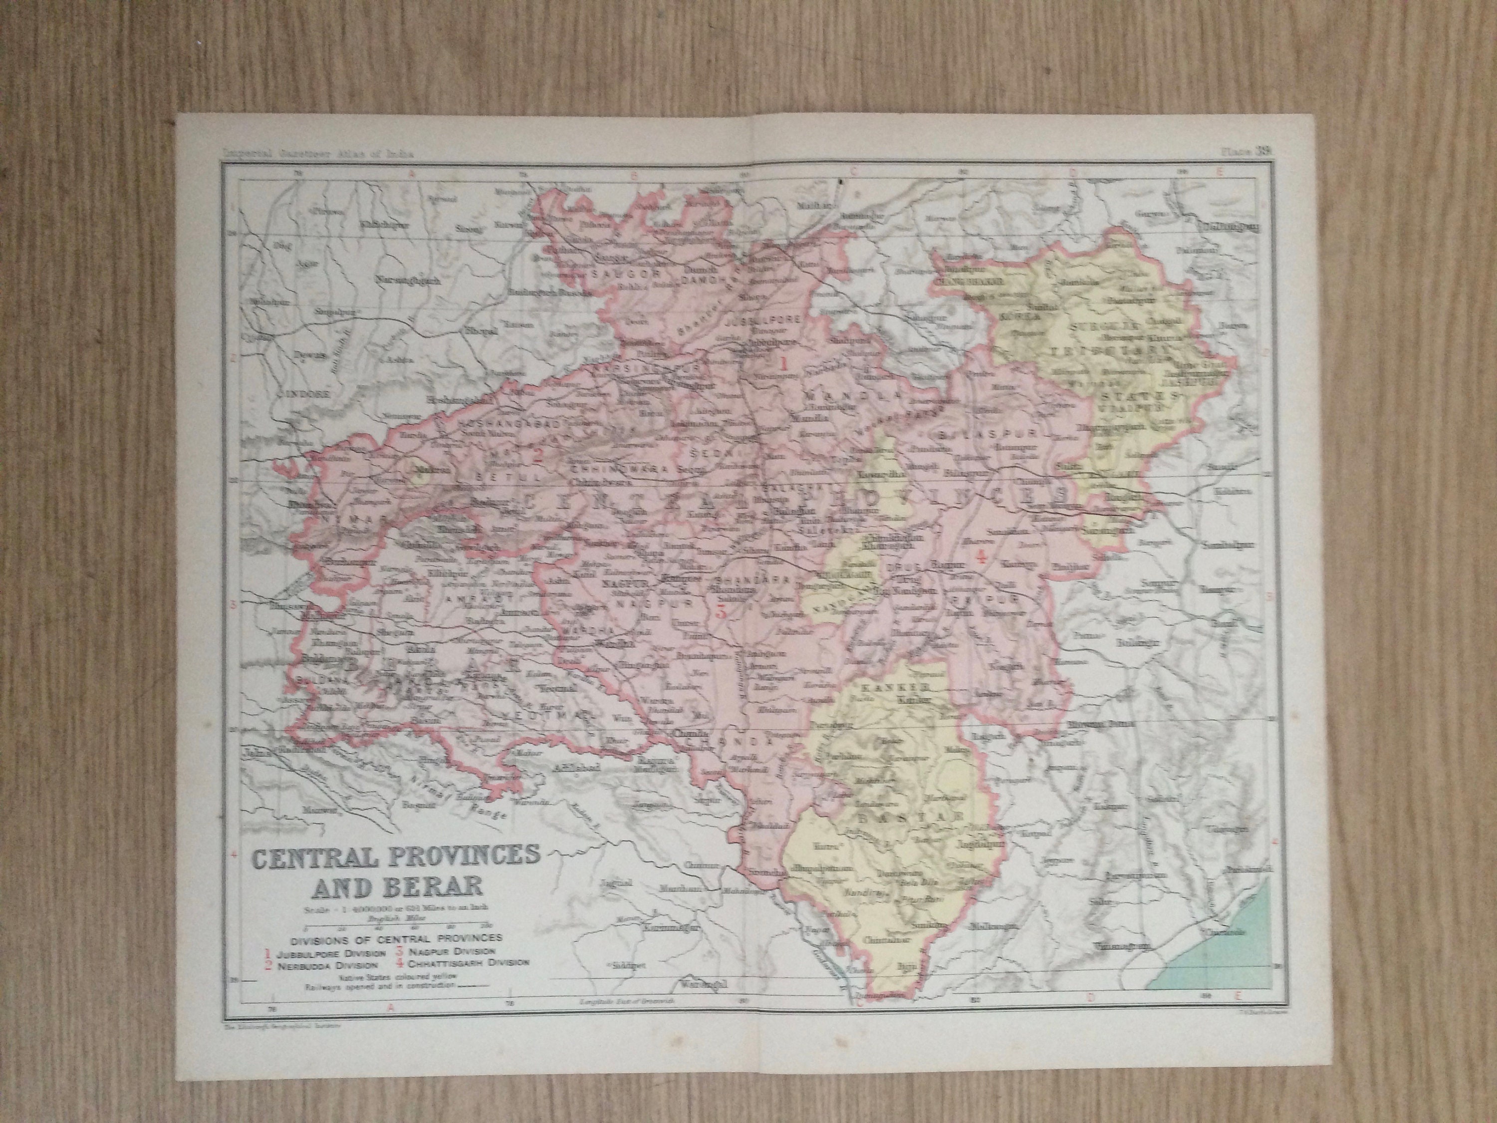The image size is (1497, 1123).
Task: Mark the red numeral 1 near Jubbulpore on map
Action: point(784,363)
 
